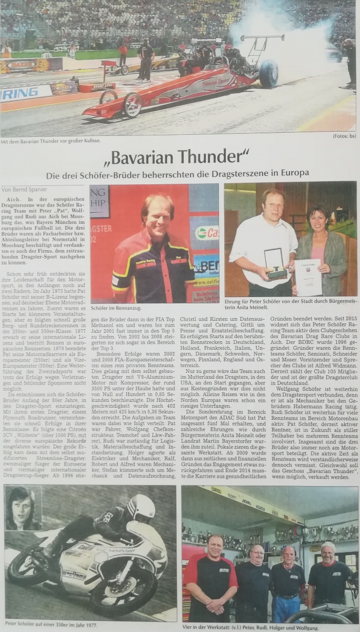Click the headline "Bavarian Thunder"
coord(180,156)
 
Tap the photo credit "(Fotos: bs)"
coord(344,136)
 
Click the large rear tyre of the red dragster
coord(268,74)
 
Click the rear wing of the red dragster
coord(262,40)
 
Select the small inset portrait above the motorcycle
coord(23,508)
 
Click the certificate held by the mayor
coord(308,276)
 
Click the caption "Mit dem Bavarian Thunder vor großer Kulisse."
coord(51,141)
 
